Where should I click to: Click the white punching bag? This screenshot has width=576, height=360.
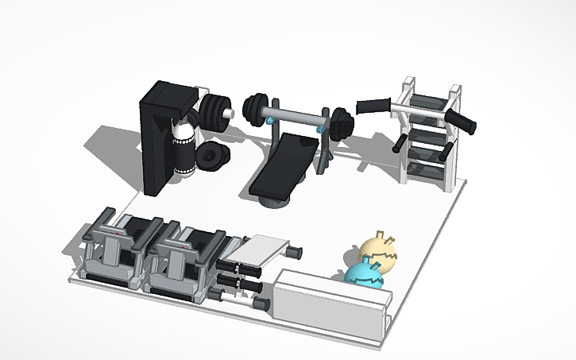(184, 147)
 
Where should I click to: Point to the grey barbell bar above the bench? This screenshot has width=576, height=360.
(297, 117)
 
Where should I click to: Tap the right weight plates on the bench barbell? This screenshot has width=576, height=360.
(342, 126)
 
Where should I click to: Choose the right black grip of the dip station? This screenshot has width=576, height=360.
(462, 122)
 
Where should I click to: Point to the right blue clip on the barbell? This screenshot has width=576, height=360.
(321, 126)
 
